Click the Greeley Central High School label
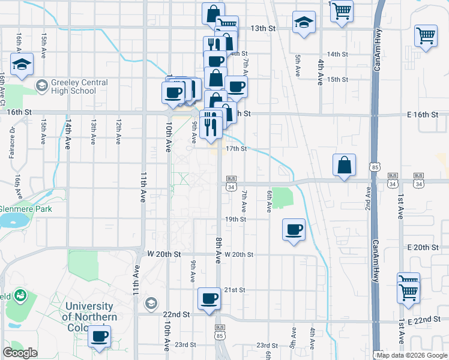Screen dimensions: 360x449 (x=71, y=86)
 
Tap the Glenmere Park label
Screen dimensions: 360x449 (x=26, y=209)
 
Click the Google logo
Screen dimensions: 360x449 (x=20, y=352)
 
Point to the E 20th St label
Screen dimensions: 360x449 (x=424, y=247)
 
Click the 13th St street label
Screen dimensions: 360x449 (x=262, y=28)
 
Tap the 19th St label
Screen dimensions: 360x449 (x=235, y=220)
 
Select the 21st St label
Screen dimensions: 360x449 (x=235, y=290)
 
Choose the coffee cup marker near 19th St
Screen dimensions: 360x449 (x=294, y=229)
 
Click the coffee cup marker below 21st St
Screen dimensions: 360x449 (x=209, y=298)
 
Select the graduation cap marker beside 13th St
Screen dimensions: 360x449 (x=304, y=23)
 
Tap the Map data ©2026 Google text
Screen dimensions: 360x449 (x=412, y=355)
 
